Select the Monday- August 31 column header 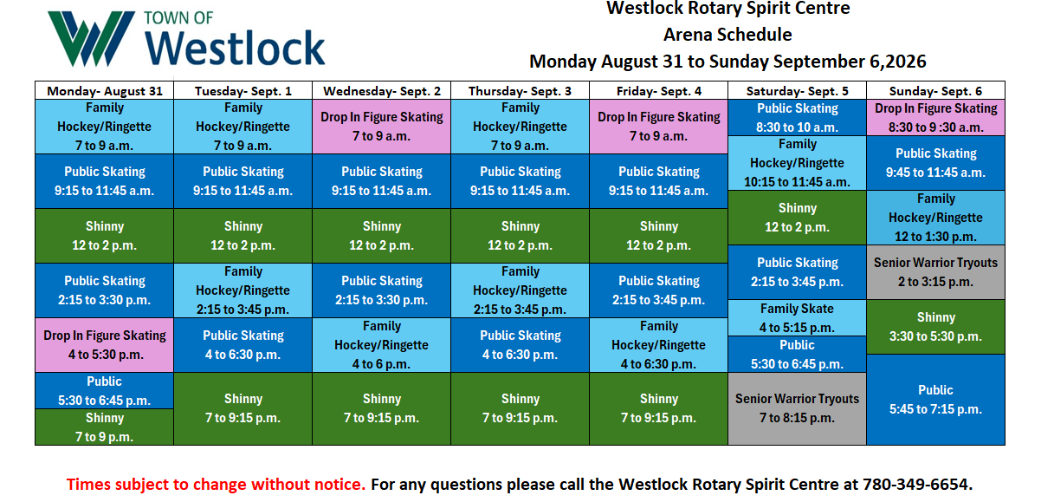(x=105, y=90)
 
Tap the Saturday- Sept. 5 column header (x=797, y=90)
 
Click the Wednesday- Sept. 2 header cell (x=382, y=90)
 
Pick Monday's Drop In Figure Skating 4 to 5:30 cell (x=105, y=345)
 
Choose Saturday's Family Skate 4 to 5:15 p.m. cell (x=797, y=318)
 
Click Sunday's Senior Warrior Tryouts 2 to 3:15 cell (x=935, y=272)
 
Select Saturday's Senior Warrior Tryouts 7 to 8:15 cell (x=797, y=408)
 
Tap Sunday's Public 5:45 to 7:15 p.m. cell (x=935, y=400)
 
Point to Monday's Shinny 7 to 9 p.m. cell (x=105, y=427)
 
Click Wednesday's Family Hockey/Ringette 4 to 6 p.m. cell (x=382, y=345)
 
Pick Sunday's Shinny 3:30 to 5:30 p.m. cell (x=935, y=327)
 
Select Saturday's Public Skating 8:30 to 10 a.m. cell (x=797, y=118)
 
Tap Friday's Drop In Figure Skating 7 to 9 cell (x=659, y=127)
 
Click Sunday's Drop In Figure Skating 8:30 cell (x=935, y=118)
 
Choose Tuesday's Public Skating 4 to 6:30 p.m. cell (x=242, y=345)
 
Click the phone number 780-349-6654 (x=917, y=484)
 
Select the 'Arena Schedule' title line (x=727, y=35)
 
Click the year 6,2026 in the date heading (x=898, y=62)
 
